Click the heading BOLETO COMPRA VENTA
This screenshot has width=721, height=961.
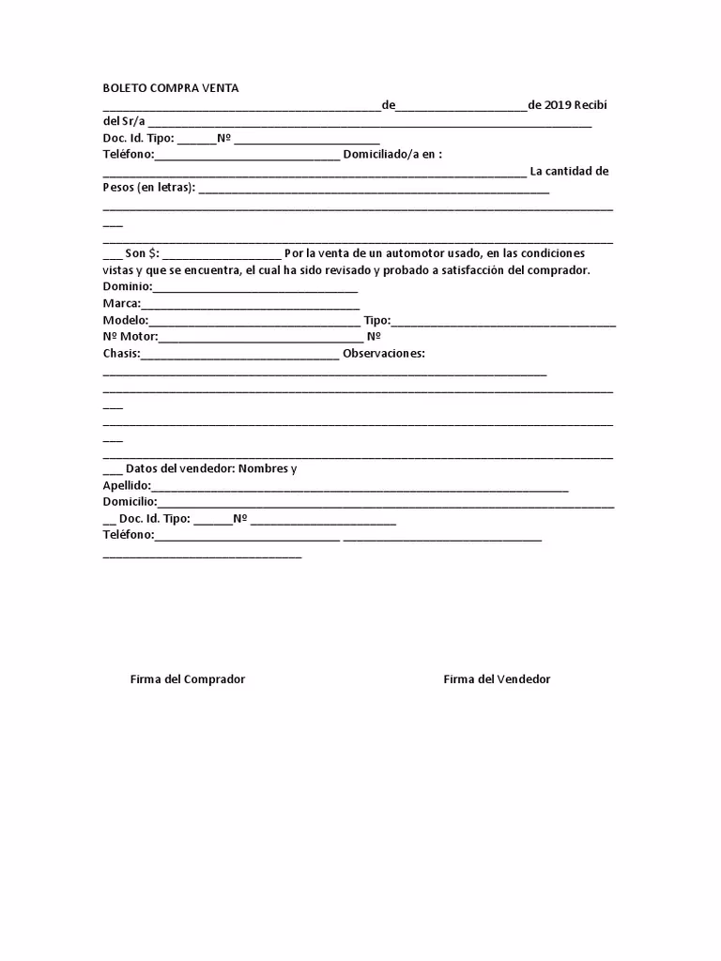pos(170,88)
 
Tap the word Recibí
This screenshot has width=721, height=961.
pos(596,105)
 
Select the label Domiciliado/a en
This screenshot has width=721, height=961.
pos(391,154)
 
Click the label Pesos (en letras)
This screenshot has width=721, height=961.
pos(148,188)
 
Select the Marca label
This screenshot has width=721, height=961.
pos(120,303)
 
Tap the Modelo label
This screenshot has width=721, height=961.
pos(125,320)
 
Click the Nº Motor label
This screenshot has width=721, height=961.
pos(130,337)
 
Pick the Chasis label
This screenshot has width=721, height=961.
pos(120,354)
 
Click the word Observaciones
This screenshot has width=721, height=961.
pos(384,354)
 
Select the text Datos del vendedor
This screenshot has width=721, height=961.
pos(180,468)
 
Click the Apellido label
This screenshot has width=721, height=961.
pos(126,486)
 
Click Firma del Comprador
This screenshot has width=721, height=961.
pos(187,679)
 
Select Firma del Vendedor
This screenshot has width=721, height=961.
pos(497,679)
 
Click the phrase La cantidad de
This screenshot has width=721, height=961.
pos(569,171)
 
